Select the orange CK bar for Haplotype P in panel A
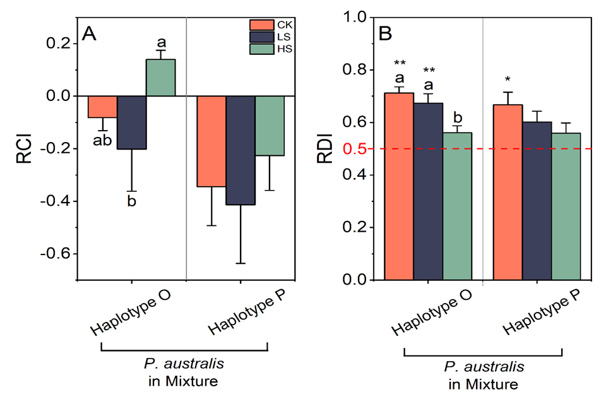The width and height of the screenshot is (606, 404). point(211,141)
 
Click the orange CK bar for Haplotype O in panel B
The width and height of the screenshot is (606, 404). point(399,186)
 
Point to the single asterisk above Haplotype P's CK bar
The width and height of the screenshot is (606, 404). point(507,81)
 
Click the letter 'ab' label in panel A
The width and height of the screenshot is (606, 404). point(102,140)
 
